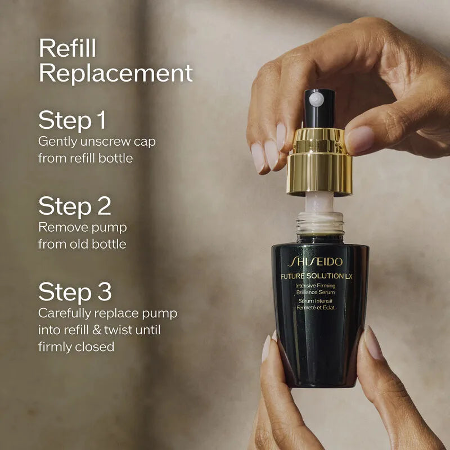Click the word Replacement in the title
point(115,73)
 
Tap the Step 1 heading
point(72,120)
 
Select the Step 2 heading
point(74,206)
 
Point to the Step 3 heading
point(75,292)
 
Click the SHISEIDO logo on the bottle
point(315,262)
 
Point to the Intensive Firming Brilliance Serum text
point(316,290)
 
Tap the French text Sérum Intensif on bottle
point(316,302)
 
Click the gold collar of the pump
point(319,163)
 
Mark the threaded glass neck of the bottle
point(320,223)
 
